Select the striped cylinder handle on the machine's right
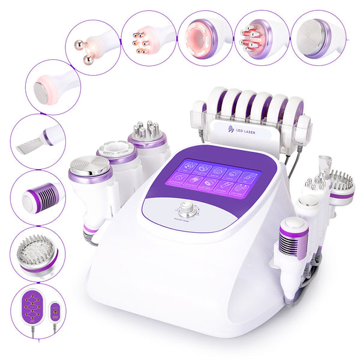click(x=294, y=237)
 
